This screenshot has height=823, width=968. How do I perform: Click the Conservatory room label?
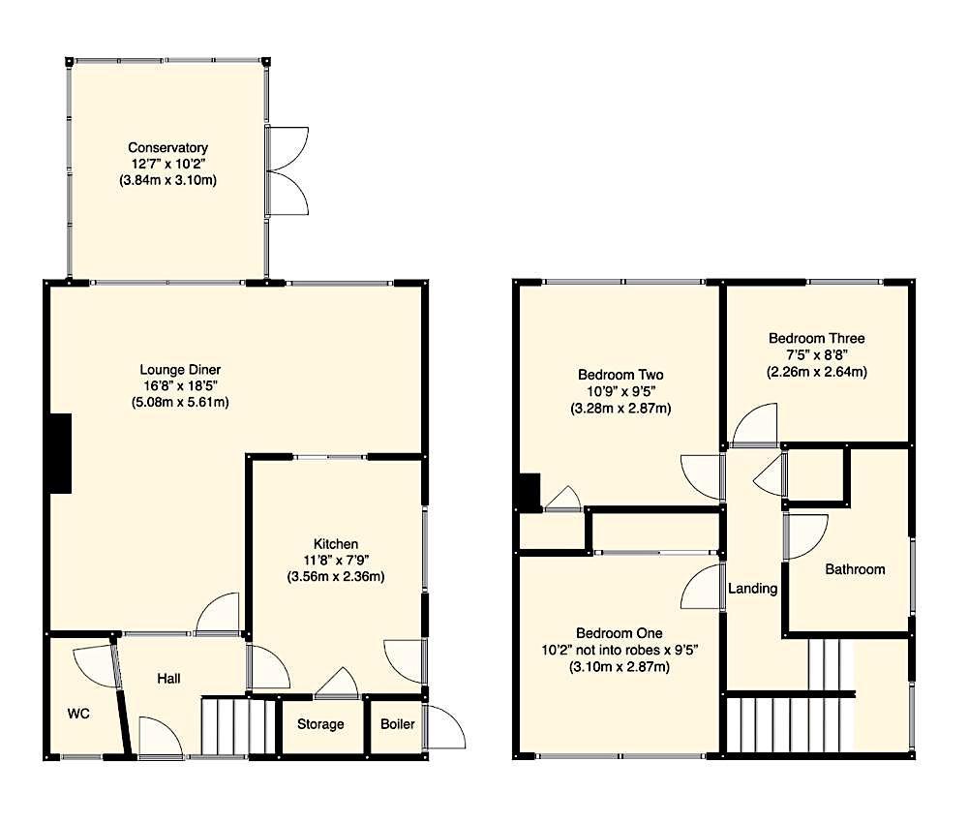(x=167, y=147)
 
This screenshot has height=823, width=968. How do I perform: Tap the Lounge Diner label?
(x=180, y=370)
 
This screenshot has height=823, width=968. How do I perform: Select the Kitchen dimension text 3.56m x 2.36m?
(x=336, y=577)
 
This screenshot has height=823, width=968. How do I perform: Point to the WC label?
(x=78, y=714)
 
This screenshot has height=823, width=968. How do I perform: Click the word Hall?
(x=168, y=679)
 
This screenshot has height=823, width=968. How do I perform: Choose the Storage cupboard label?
(x=320, y=724)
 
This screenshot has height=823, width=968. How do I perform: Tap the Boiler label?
(x=398, y=724)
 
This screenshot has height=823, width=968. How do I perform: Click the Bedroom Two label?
(x=620, y=375)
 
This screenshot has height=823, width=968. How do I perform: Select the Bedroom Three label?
(x=817, y=338)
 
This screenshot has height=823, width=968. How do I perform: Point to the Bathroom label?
(x=855, y=569)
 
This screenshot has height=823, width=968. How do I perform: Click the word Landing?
(x=752, y=589)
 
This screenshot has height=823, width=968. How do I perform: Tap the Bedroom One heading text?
(x=620, y=633)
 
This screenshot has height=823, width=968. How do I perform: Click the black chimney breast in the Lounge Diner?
(x=60, y=453)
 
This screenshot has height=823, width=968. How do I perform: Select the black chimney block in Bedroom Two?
(x=529, y=492)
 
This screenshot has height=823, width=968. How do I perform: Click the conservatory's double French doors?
(x=287, y=171)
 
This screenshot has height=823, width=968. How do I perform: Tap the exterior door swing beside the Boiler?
(x=445, y=728)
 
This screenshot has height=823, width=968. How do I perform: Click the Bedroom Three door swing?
(x=754, y=425)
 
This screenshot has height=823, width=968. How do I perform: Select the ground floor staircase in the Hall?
(x=238, y=726)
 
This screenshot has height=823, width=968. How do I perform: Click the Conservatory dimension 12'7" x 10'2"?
(x=167, y=165)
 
